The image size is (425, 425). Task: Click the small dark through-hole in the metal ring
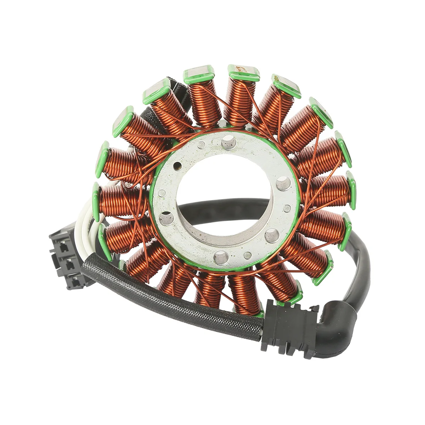[177, 165]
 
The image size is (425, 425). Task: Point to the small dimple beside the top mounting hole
[202, 144]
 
